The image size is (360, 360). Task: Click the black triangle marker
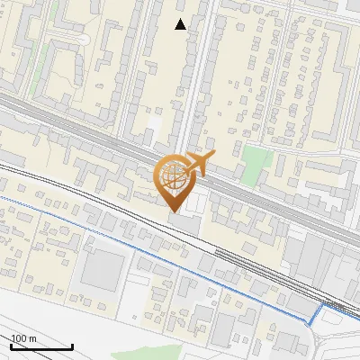[x=181, y=24]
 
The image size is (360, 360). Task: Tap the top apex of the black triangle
[x=181, y=19]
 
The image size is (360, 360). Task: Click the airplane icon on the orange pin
[x=200, y=164]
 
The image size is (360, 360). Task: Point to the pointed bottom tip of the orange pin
[x=174, y=211]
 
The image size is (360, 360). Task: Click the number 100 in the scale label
[x=20, y=338]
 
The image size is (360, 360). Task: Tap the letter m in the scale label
[x=32, y=338]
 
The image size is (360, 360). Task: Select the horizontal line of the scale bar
[x=41, y=346]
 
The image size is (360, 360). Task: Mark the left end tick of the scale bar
[x=12, y=345]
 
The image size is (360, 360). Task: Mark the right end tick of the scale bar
[x=72, y=345]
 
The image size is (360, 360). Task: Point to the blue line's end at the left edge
[x=2, y=197]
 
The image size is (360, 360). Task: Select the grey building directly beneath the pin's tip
[x=184, y=221]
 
